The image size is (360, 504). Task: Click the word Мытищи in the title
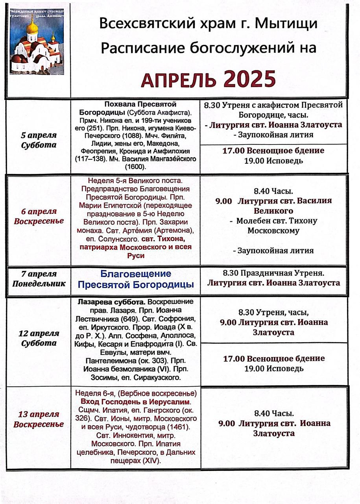286,24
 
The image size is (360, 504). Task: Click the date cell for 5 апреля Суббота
39,140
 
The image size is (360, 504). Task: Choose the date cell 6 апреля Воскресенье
39,216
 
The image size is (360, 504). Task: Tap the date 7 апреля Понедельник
39,278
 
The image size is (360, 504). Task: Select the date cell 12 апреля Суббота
39,338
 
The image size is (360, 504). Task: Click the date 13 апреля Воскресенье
39,419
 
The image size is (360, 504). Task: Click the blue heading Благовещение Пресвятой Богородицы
136,279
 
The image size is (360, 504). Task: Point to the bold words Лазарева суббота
106,302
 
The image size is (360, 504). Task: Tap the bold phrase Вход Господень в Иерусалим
135,402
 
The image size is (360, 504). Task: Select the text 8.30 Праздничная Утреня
273,272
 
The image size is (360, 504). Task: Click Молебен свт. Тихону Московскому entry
273,226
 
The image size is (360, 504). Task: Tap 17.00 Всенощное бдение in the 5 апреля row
273,151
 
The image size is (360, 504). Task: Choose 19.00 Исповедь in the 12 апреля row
273,369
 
